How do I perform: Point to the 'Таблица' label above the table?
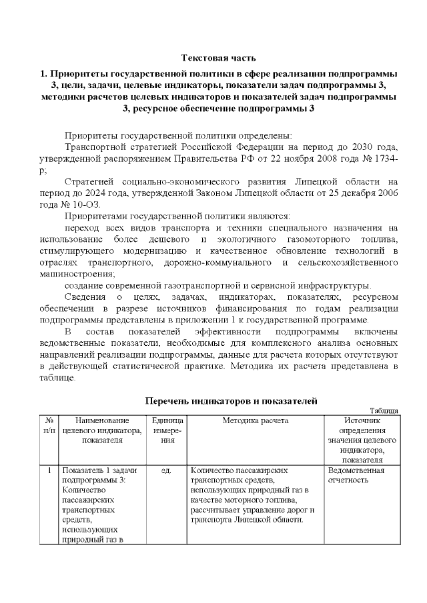click(x=384, y=411)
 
